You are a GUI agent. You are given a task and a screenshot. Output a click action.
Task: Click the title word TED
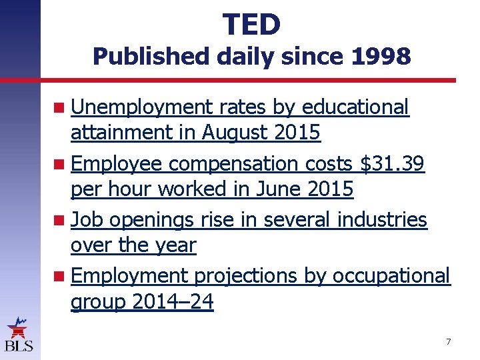tap(251, 25)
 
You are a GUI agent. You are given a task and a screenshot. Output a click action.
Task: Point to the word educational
tap(355, 107)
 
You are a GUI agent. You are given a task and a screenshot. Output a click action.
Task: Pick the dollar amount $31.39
tap(392, 163)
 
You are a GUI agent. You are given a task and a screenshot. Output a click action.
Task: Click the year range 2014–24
tap(173, 302)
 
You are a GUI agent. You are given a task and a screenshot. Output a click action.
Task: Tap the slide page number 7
tap(448, 342)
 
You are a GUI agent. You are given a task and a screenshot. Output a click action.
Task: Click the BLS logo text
tap(19, 345)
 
